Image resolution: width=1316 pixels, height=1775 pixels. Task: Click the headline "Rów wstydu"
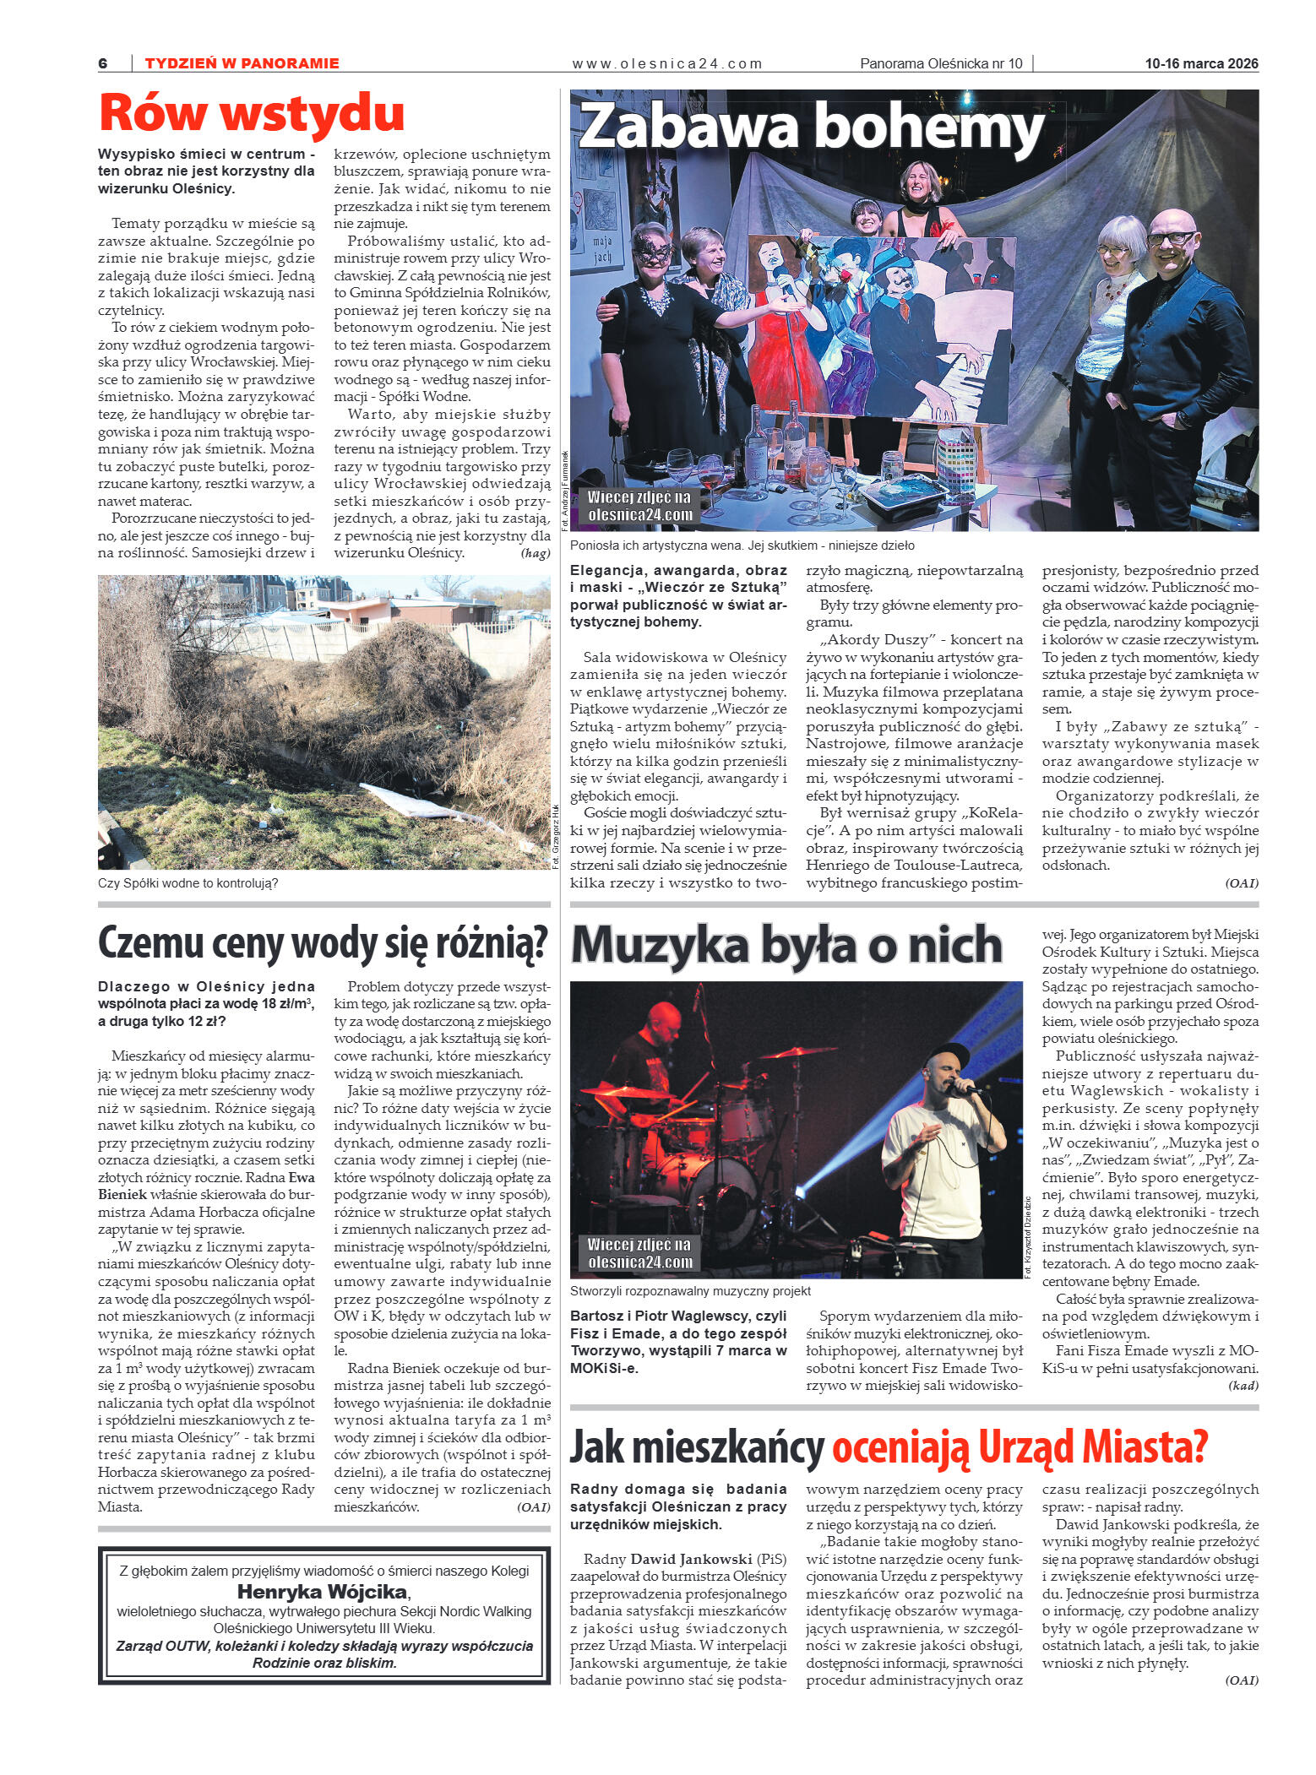(x=251, y=112)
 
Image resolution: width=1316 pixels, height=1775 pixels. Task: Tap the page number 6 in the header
(x=103, y=63)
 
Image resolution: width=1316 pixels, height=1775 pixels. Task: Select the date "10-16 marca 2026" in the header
(x=1201, y=63)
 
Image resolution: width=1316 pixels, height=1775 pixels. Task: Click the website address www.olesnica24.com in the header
(x=666, y=63)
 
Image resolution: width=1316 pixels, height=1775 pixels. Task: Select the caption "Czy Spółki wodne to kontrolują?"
(x=188, y=883)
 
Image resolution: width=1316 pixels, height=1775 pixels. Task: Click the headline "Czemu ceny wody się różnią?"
(x=324, y=942)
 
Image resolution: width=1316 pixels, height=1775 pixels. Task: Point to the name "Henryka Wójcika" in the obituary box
(x=322, y=1593)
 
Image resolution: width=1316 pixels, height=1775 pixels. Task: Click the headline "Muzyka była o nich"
(x=786, y=945)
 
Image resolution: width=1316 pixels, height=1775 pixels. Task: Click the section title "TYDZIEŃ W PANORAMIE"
(x=242, y=63)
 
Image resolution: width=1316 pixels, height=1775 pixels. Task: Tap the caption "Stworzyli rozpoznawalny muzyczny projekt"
(x=690, y=1291)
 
